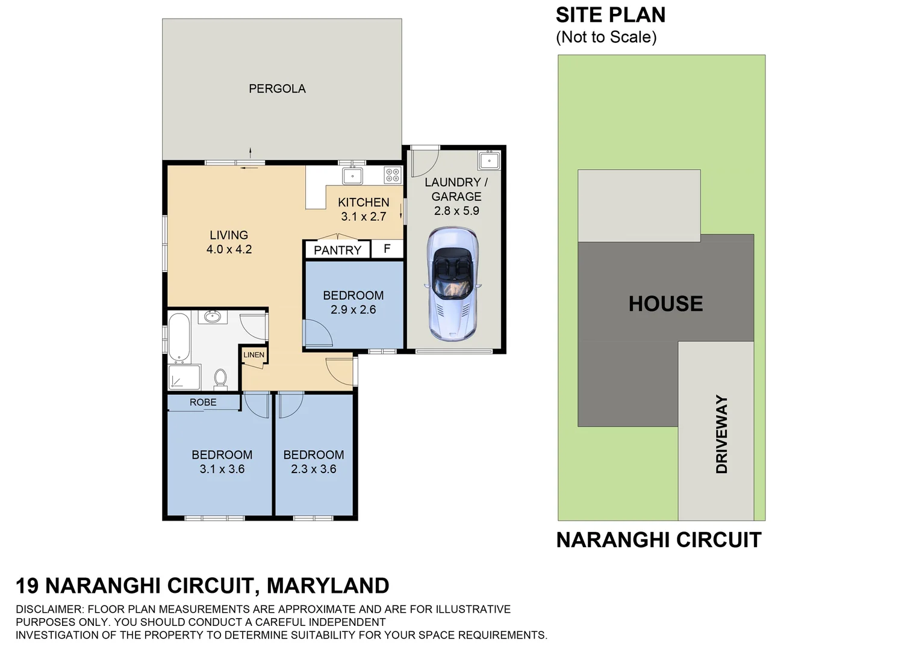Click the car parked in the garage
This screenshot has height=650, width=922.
[x=452, y=283]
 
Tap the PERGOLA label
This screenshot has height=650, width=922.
[x=277, y=88]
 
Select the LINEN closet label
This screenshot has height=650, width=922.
[x=254, y=354]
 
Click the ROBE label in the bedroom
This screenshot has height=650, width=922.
[x=203, y=402]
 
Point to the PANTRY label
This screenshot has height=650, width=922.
[x=337, y=250]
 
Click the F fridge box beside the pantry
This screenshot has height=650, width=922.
[x=387, y=249]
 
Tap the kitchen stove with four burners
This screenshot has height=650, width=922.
[x=393, y=175]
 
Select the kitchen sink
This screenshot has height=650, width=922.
[x=352, y=176]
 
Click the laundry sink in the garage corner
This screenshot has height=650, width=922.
[x=488, y=161]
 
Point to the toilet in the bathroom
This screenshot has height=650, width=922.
[x=220, y=379]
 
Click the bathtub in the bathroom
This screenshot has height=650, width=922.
[x=179, y=338]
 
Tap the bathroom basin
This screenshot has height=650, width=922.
[x=212, y=316]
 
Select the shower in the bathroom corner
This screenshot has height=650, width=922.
[x=184, y=377]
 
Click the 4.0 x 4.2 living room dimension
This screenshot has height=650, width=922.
[x=229, y=249]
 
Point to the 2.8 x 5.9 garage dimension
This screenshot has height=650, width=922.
[x=456, y=211]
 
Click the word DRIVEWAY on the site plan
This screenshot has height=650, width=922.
[x=721, y=434]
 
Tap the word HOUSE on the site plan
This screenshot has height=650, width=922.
[x=665, y=303]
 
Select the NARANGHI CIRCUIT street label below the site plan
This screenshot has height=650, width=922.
[x=658, y=540]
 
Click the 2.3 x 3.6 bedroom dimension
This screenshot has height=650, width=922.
[x=313, y=469]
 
